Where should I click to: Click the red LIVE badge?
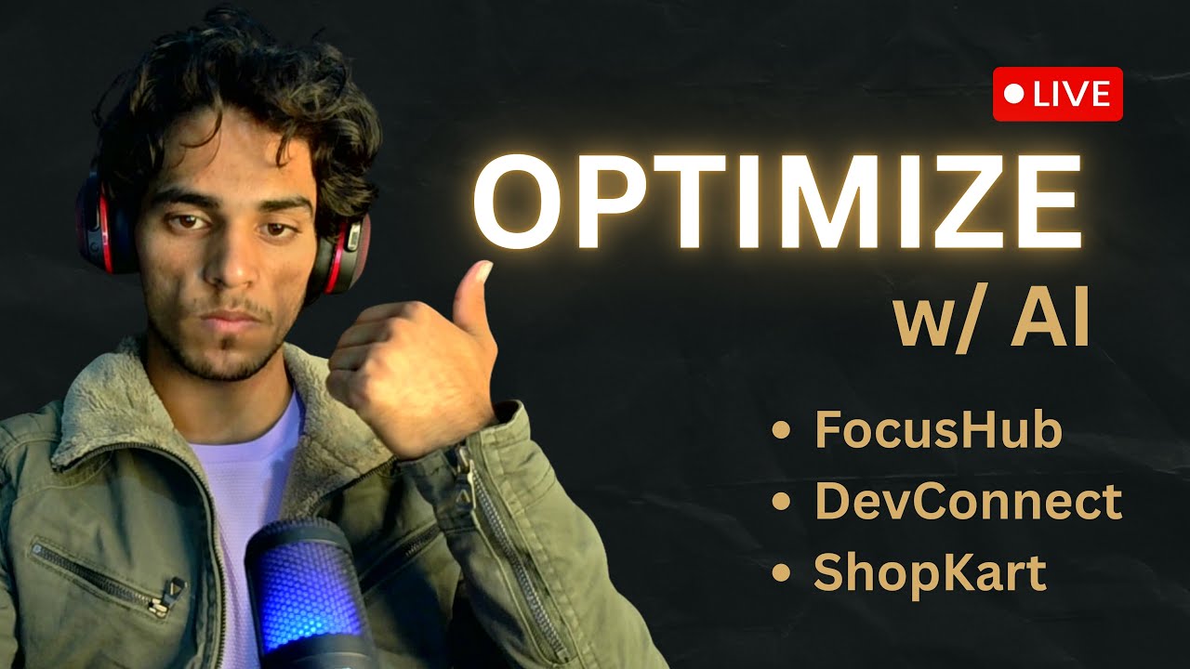1058,94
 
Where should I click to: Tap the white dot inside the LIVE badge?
1015,94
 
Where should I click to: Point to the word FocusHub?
938,430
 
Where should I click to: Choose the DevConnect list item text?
968,502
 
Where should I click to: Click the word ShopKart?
930,573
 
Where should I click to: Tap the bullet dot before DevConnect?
782,503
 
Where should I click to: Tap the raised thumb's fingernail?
482,272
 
